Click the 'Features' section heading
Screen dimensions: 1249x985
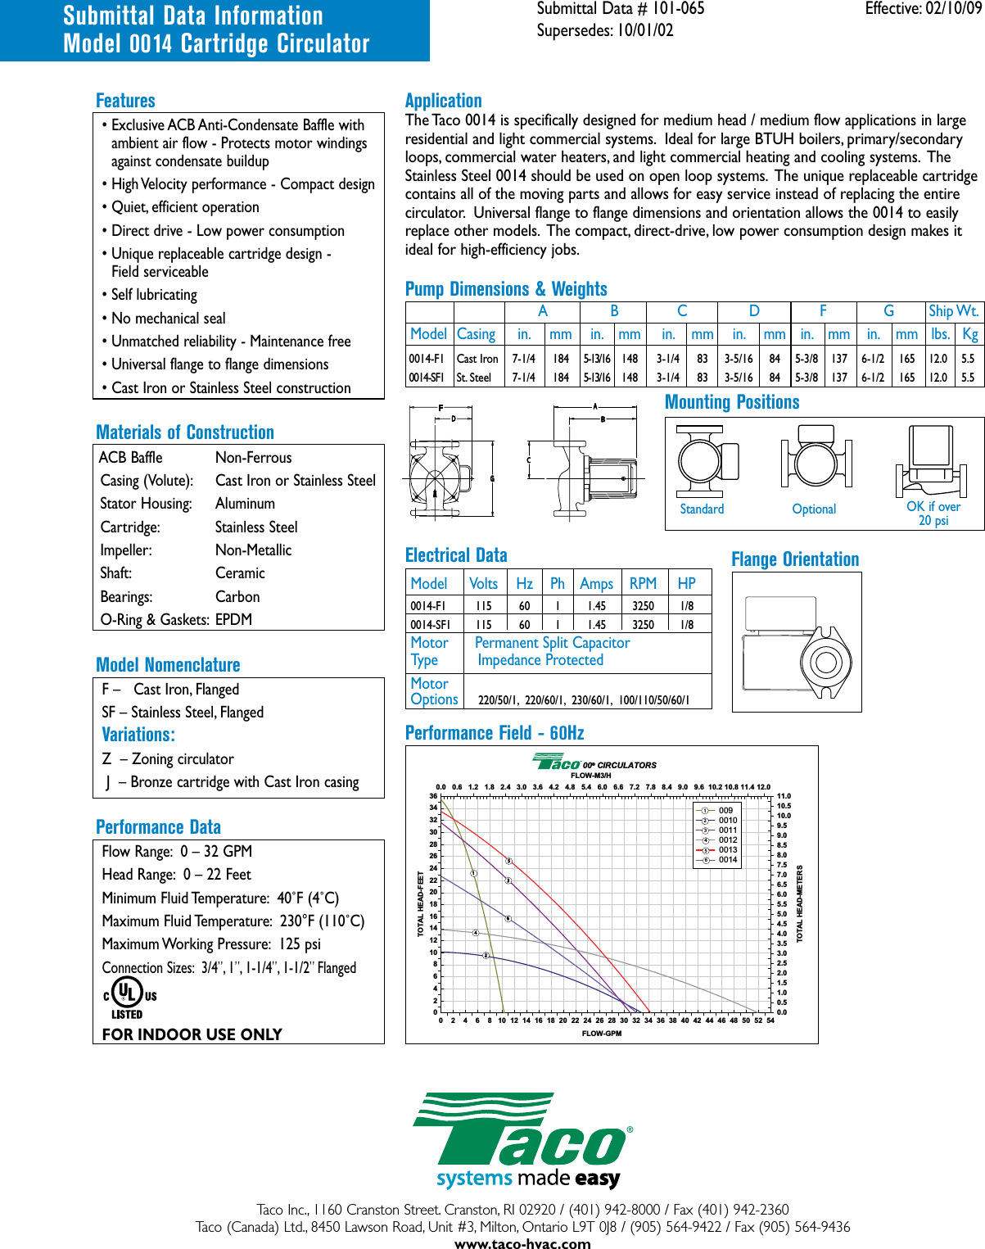point(125,101)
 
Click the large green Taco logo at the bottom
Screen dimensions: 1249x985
point(522,1138)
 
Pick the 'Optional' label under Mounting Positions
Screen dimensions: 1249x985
point(814,509)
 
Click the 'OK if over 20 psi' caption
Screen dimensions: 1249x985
point(933,514)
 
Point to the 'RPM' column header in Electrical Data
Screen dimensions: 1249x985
point(643,583)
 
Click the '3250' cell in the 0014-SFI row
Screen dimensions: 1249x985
point(643,625)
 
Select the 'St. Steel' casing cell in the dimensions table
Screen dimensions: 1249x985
point(474,378)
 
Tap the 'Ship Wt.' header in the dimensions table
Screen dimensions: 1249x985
point(953,311)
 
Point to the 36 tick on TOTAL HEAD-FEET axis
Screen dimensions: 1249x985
point(433,796)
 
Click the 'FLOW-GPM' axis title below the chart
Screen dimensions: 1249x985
point(602,1034)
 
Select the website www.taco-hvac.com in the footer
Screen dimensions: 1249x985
point(522,1243)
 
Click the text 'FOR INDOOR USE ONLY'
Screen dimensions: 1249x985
point(192,1034)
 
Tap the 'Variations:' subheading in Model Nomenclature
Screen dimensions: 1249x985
point(138,735)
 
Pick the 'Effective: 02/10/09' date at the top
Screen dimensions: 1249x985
point(923,9)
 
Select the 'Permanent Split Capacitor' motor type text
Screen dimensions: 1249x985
point(552,643)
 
